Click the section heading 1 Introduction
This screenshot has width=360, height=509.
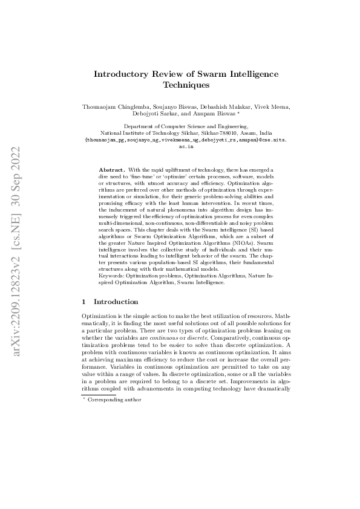[110, 302]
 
